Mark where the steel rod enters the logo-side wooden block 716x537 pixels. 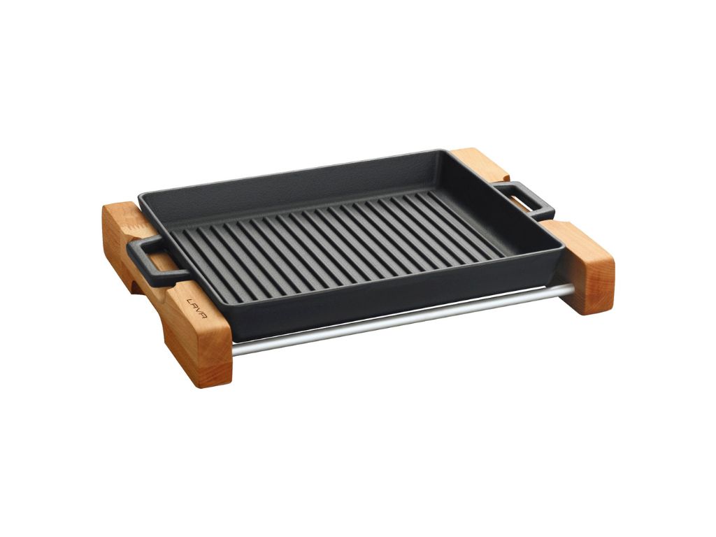(x=234, y=349)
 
